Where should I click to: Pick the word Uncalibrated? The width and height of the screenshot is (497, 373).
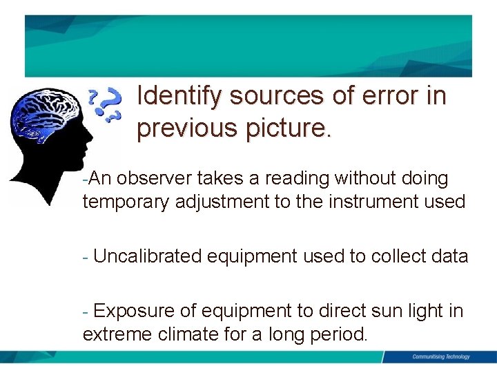(x=147, y=257)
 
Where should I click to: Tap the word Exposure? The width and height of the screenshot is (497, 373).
(x=137, y=312)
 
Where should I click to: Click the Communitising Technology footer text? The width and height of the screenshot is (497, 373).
(x=440, y=357)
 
